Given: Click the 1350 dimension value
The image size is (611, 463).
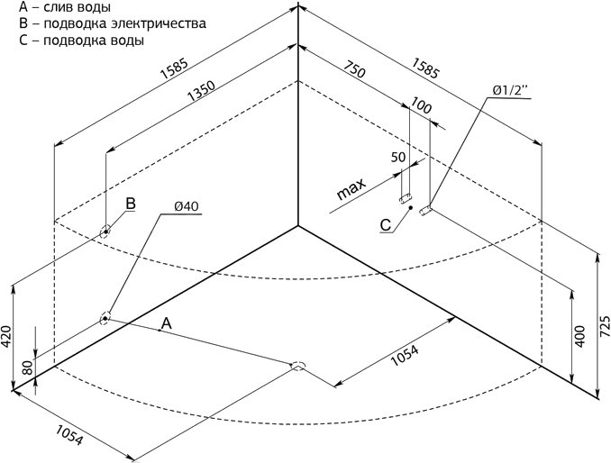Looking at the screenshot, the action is coord(201,91).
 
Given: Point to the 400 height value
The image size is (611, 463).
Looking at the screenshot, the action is coord(580,337).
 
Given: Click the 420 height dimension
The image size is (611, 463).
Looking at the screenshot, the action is coord(5,337).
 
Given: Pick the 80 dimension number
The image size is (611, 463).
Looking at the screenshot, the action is coord(28,368).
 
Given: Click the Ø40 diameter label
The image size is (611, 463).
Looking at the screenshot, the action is coord(187,206).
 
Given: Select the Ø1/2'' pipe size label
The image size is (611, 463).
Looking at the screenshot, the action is coord(510,91).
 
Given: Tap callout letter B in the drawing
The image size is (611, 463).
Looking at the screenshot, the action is coord(131,204).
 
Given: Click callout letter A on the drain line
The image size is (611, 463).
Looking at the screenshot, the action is coord(167,322).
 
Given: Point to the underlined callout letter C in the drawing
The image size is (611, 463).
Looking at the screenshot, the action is coord(386,225).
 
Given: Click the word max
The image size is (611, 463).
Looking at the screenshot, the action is coord(351,188).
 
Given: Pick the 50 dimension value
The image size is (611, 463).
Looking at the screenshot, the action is coord(397,158).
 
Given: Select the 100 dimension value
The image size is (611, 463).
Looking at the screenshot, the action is coord(421,106).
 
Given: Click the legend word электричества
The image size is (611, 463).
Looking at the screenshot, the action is coord(159,23).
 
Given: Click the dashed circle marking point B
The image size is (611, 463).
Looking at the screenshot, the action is coord(105,231).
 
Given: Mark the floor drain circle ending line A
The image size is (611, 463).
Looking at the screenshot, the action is coord(298,365).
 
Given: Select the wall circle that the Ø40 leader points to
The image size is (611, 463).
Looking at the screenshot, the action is coord(105,319).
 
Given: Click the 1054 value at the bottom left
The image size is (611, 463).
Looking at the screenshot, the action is coord(69,434).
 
